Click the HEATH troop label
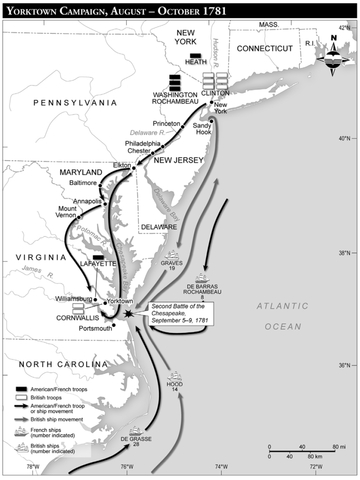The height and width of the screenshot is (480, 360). point(195,61)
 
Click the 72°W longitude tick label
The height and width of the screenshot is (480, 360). point(315,466)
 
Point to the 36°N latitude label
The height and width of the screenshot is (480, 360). point(345,364)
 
